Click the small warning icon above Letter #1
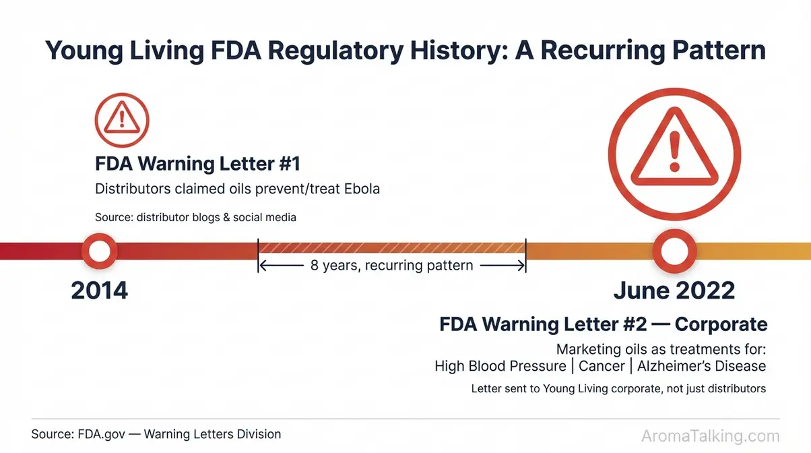pyautogui.click(x=122, y=121)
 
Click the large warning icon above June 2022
pyautogui.click(x=674, y=150)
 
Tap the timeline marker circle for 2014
pyautogui.click(x=99, y=251)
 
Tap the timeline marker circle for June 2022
pyautogui.click(x=674, y=251)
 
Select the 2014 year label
pyautogui.click(x=99, y=291)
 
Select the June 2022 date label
pyautogui.click(x=674, y=291)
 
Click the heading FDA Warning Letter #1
pyautogui.click(x=197, y=164)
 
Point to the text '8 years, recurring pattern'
pyautogui.click(x=391, y=265)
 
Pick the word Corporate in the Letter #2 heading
pyautogui.click(x=721, y=324)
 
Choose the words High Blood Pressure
pyautogui.click(x=500, y=366)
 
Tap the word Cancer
pyautogui.click(x=602, y=366)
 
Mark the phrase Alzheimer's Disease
pyautogui.click(x=701, y=366)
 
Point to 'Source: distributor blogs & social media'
pyautogui.click(x=195, y=217)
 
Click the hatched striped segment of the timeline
pyautogui.click(x=391, y=247)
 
